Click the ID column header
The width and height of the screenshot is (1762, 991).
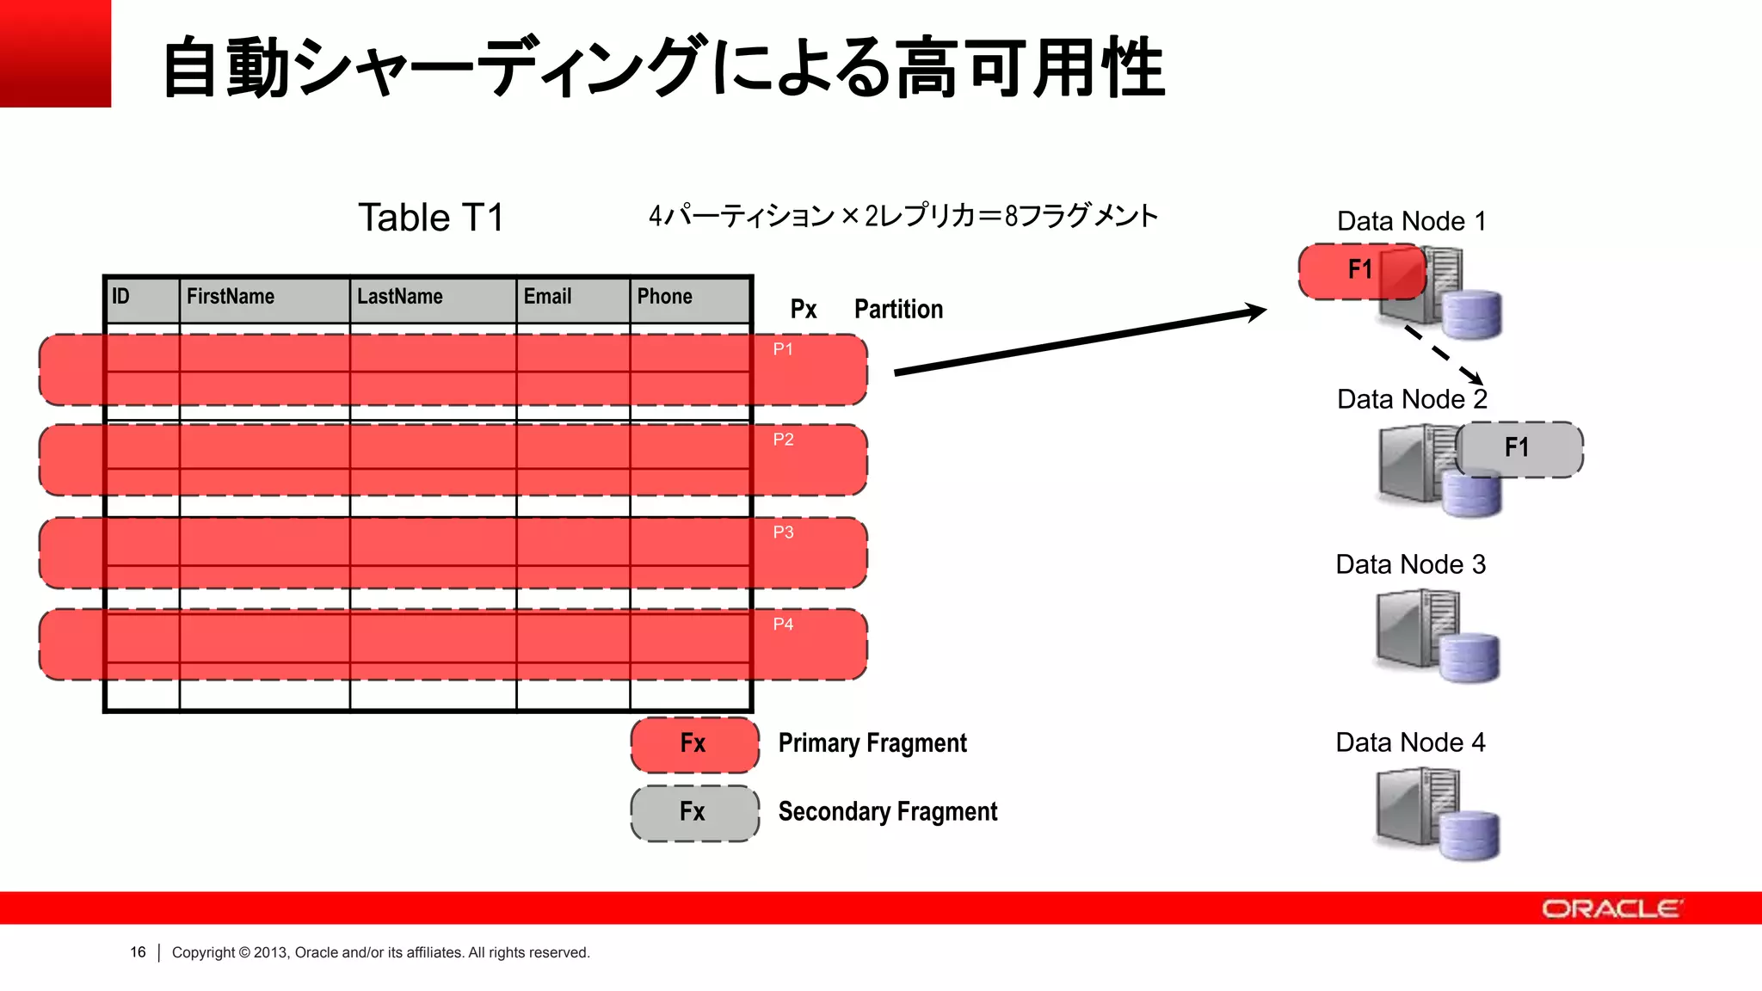click(x=121, y=297)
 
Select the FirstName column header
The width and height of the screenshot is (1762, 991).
click(x=230, y=297)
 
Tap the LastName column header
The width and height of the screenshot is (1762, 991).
click(x=399, y=297)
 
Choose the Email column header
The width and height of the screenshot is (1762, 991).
click(x=547, y=297)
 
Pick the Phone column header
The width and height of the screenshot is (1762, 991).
click(x=664, y=297)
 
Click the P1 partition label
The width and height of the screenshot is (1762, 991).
click(x=783, y=349)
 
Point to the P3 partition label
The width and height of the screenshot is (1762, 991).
click(x=783, y=532)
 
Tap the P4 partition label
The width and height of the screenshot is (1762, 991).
click(x=783, y=625)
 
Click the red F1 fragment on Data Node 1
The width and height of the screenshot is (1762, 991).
click(x=1361, y=271)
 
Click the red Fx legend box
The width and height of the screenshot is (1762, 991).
click(x=694, y=744)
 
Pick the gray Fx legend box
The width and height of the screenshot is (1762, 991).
click(x=694, y=813)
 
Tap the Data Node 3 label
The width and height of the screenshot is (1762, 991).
click(x=1411, y=564)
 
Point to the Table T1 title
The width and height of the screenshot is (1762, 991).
click(x=430, y=218)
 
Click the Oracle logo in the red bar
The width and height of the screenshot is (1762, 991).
click(x=1611, y=908)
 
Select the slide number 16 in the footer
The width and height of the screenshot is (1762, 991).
click(x=138, y=952)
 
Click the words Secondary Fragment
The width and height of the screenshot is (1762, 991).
click(x=887, y=812)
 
